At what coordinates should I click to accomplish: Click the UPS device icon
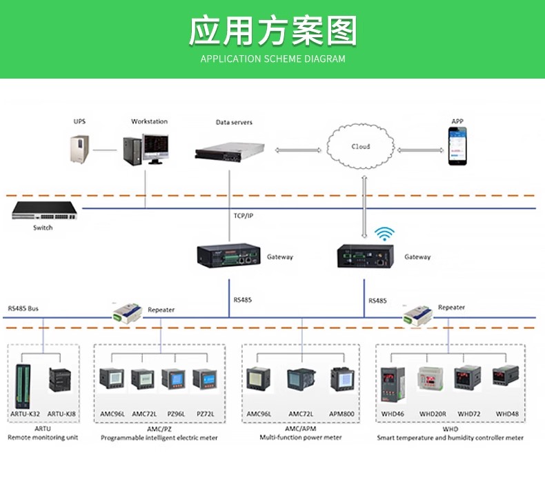point(81,150)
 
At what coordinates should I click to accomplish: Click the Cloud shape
point(361,147)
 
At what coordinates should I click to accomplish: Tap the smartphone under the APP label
point(457,148)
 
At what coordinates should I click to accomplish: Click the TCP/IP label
point(243,216)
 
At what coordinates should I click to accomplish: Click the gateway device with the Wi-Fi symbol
point(366,256)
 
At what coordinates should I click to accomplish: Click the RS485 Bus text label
point(23,308)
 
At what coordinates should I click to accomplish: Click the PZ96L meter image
point(173,380)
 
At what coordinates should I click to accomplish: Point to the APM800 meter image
point(342,380)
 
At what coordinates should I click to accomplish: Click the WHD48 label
point(507,414)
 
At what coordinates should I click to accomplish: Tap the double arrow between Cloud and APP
point(420,148)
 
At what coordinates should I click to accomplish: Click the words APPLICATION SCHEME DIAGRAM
point(272,59)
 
